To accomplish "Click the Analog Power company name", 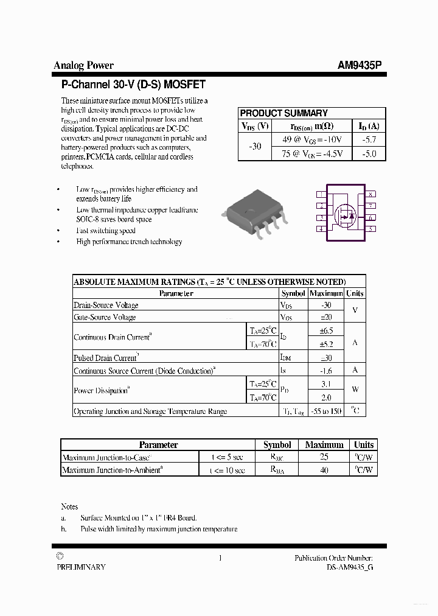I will pyautogui.click(x=83, y=66).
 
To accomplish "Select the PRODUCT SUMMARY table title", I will pyautogui.click(x=283, y=113).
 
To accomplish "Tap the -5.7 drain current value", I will pyautogui.click(x=369, y=139).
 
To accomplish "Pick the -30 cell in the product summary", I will pyautogui.click(x=255, y=147).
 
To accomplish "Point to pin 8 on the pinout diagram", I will pyautogui.click(x=370, y=194).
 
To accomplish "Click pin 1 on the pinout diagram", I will pyautogui.click(x=321, y=194).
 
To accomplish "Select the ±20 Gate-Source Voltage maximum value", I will pyautogui.click(x=326, y=317).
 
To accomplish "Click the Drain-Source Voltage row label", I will pyautogui.click(x=106, y=305).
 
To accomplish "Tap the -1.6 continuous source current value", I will pyautogui.click(x=326, y=370).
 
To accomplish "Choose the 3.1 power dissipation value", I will pyautogui.click(x=326, y=384).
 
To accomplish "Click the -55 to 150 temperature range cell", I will pyautogui.click(x=326, y=411).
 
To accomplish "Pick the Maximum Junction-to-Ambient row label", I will pyautogui.click(x=112, y=470).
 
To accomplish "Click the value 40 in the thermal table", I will pyautogui.click(x=324, y=470).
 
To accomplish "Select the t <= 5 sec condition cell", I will pyautogui.click(x=227, y=457).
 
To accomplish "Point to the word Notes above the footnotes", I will pyautogui.click(x=69, y=506).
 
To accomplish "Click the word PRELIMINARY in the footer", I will pyautogui.click(x=81, y=567).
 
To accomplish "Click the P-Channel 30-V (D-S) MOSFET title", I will pyautogui.click(x=133, y=85).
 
